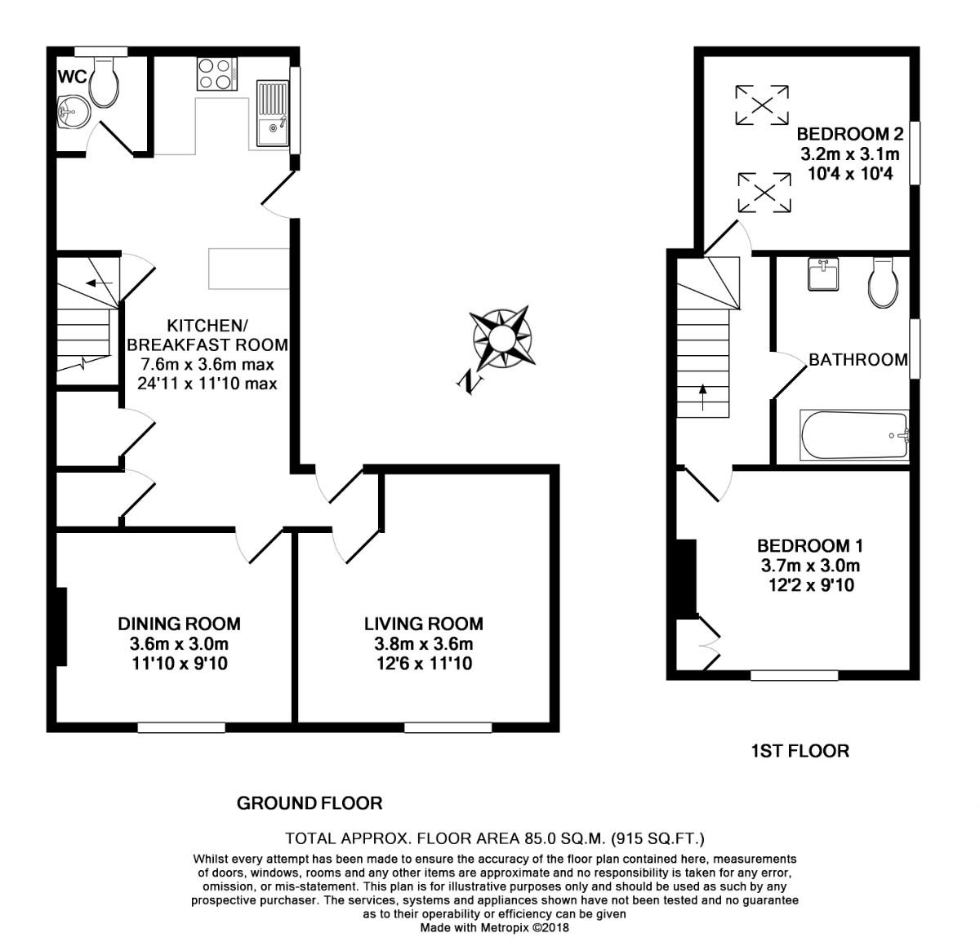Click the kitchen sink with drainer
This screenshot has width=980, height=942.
tap(272, 113)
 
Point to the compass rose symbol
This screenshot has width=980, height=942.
tap(501, 338)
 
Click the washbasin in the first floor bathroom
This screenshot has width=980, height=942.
tap(822, 275)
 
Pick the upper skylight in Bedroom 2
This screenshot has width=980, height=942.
tap(762, 104)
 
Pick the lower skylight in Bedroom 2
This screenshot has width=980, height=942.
tap(764, 193)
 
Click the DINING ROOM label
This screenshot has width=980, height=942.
tap(179, 624)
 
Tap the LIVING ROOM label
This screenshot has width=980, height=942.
tap(423, 624)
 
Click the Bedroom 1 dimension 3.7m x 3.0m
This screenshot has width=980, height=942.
tap(810, 565)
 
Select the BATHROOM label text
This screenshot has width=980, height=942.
tap(857, 359)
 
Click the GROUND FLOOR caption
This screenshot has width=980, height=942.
tap(310, 803)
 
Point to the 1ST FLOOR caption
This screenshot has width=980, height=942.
tap(800, 750)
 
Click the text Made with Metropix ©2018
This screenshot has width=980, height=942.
tap(494, 928)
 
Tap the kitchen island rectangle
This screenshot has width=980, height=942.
tap(249, 269)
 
